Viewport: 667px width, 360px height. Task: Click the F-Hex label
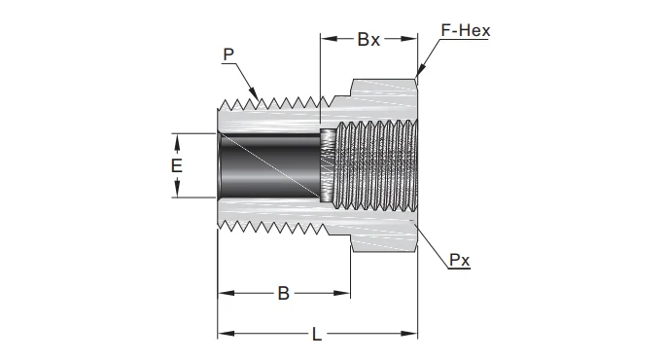pyautogui.click(x=466, y=30)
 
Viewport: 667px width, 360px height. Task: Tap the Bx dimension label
pyautogui.click(x=369, y=39)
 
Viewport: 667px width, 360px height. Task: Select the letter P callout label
pyautogui.click(x=228, y=54)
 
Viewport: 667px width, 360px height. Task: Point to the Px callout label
pyautogui.click(x=459, y=260)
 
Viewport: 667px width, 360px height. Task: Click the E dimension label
pyautogui.click(x=177, y=165)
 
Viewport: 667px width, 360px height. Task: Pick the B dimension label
pyautogui.click(x=283, y=293)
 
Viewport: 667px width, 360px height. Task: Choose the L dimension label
pyautogui.click(x=317, y=334)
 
